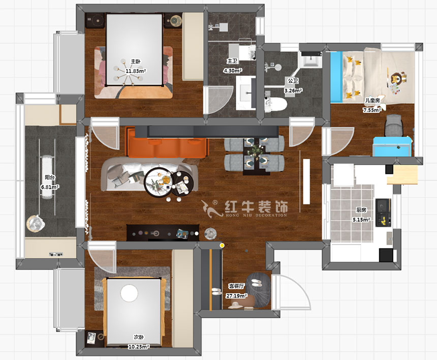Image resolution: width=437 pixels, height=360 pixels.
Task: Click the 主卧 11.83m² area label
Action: click(136, 66)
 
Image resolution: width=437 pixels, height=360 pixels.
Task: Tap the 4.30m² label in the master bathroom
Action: click(232, 71)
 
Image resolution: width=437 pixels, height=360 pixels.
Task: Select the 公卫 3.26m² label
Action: click(293, 85)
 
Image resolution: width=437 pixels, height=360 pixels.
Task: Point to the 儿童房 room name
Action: click(372, 100)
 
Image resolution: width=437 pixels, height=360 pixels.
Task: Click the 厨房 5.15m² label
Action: click(361, 215)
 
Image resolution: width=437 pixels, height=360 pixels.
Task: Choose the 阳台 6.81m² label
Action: click(50, 182)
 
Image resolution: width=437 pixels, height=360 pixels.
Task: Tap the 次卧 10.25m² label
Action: click(139, 342)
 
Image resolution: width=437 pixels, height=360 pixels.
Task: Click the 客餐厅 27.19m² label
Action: click(236, 291)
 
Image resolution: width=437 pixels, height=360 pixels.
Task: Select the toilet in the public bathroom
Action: click(275, 105)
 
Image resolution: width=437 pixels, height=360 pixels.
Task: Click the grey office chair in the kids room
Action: click(394, 125)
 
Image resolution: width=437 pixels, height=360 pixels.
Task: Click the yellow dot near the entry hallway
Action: click(222, 246)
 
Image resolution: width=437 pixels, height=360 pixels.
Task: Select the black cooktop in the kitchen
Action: click(383, 213)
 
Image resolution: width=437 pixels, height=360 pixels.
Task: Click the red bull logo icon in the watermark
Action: click(211, 209)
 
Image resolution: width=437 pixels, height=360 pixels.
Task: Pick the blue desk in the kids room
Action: click(392, 146)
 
